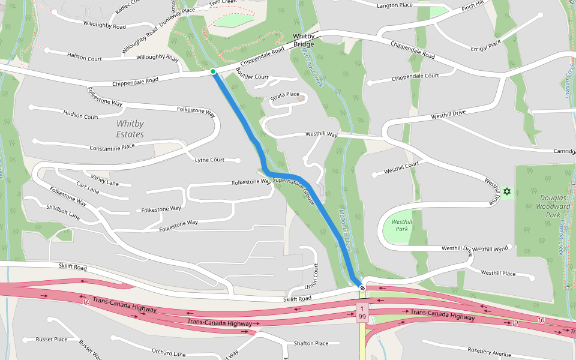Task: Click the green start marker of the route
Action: [213, 71]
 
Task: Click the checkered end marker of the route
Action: [362, 288]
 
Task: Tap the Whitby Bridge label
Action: [304, 40]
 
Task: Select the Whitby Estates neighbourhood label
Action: [130, 129]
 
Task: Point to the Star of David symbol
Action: [507, 191]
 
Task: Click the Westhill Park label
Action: [401, 225]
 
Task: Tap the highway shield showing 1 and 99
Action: [362, 312]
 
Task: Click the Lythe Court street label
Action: [210, 160]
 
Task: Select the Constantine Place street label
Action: [112, 147]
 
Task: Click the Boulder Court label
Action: [252, 77]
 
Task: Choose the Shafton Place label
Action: [311, 343]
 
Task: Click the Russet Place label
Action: [52, 339]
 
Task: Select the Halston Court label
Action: [84, 58]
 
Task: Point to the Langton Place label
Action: [394, 5]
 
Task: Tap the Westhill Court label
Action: [401, 170]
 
